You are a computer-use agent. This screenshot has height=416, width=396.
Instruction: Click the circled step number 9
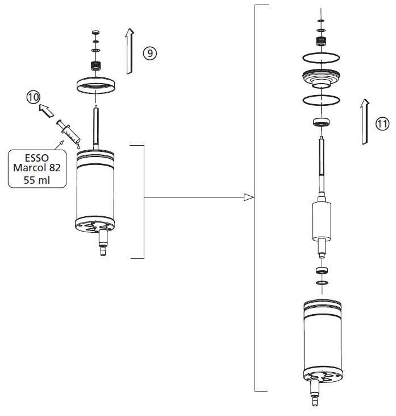(x=149, y=53)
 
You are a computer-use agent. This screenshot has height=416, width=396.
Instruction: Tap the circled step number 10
(x=34, y=97)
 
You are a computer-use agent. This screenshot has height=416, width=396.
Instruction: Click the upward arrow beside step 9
(x=129, y=52)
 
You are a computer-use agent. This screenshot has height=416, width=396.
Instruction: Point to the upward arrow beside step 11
(x=365, y=121)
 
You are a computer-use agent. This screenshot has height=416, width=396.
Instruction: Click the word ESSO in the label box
(x=37, y=158)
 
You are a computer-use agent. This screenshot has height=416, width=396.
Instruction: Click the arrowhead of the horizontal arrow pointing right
(x=248, y=197)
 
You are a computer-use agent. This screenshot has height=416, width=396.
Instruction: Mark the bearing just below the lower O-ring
(x=321, y=121)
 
